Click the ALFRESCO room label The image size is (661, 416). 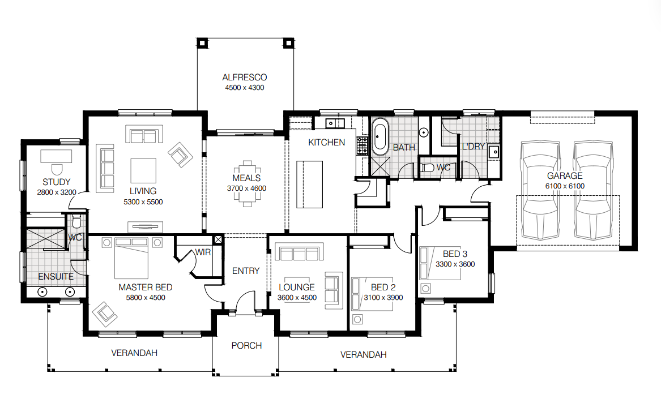(x=244, y=77)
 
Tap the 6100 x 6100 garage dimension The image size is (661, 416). (x=564, y=186)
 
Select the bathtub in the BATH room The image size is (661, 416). (x=379, y=136)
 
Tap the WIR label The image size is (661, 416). (x=203, y=252)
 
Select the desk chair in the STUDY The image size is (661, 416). (x=57, y=168)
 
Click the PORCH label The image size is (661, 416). (x=246, y=345)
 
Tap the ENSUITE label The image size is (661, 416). (x=56, y=277)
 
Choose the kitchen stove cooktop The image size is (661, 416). (x=361, y=146)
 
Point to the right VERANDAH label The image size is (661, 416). (x=363, y=355)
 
